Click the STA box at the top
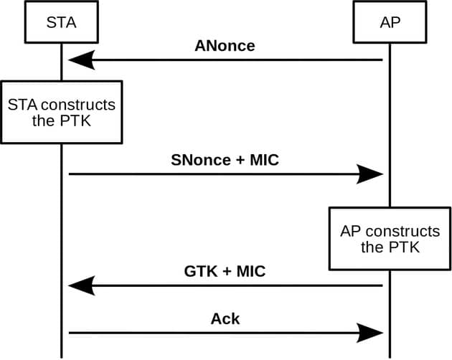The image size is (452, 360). pyautogui.click(x=61, y=23)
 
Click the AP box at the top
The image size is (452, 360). pyautogui.click(x=390, y=23)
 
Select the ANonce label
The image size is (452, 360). pyautogui.click(x=225, y=47)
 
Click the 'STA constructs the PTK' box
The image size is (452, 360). pyautogui.click(x=61, y=112)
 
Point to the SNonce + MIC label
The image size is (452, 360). pyautogui.click(x=225, y=161)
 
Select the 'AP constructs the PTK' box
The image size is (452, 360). pyautogui.click(x=390, y=240)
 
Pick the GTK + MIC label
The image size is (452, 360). pyautogui.click(x=225, y=272)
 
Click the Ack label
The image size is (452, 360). pyautogui.click(x=225, y=318)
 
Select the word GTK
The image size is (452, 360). pyautogui.click(x=198, y=272)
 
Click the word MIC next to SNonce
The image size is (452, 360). pyautogui.click(x=263, y=161)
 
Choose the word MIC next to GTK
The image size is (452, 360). pyautogui.click(x=251, y=272)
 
